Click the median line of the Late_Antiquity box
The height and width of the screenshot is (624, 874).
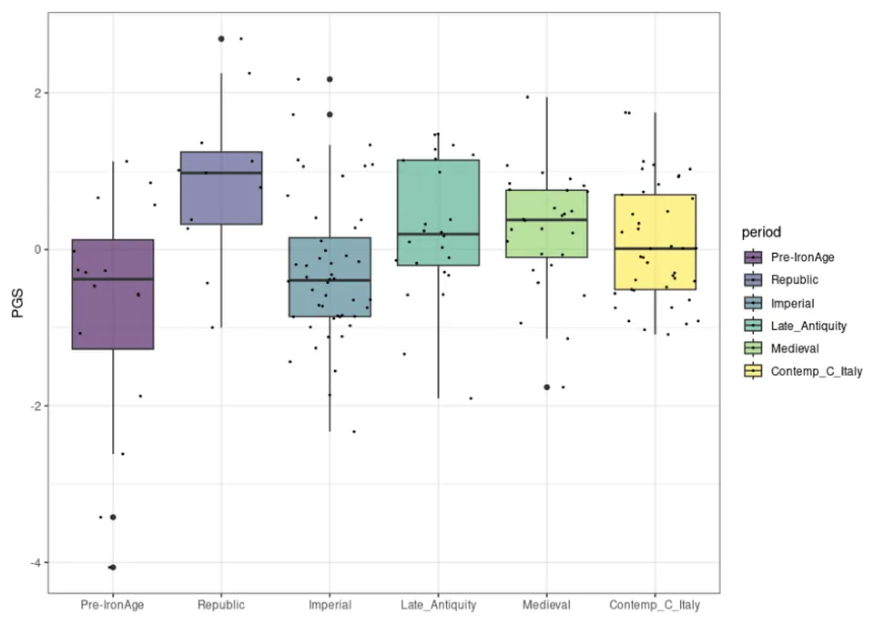(x=438, y=234)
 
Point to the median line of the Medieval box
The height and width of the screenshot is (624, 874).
(x=546, y=220)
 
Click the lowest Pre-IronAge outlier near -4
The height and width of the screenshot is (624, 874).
(x=112, y=567)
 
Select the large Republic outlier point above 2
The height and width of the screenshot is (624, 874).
(x=221, y=39)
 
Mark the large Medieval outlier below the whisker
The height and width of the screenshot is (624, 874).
(x=546, y=387)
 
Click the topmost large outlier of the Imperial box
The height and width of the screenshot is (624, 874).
(x=330, y=79)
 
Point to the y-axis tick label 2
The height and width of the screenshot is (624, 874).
(x=36, y=93)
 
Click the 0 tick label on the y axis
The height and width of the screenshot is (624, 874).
(x=36, y=249)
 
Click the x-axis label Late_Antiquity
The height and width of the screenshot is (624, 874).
(x=438, y=605)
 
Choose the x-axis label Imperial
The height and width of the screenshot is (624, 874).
(x=330, y=605)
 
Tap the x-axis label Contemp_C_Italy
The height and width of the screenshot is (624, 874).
(x=655, y=605)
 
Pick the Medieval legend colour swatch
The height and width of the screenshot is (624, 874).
(x=754, y=348)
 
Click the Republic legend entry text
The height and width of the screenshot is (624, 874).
(x=796, y=280)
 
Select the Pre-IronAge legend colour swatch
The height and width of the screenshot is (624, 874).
(x=754, y=257)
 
